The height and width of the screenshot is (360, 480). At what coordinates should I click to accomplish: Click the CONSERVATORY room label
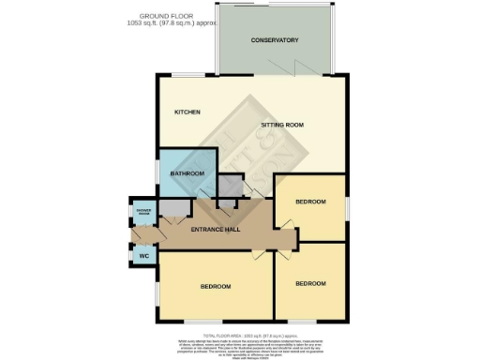pos(275,40)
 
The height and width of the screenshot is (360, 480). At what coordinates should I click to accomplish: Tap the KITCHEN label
pos(187,112)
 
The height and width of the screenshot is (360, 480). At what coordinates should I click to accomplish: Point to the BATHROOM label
pos(187,173)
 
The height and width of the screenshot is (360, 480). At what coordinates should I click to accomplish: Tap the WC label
pos(144,255)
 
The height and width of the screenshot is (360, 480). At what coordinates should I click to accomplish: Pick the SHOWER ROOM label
pos(144,212)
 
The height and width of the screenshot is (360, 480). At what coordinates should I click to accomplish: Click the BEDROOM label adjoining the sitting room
pos(310,202)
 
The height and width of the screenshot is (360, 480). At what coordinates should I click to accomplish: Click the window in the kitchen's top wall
pos(185,75)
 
